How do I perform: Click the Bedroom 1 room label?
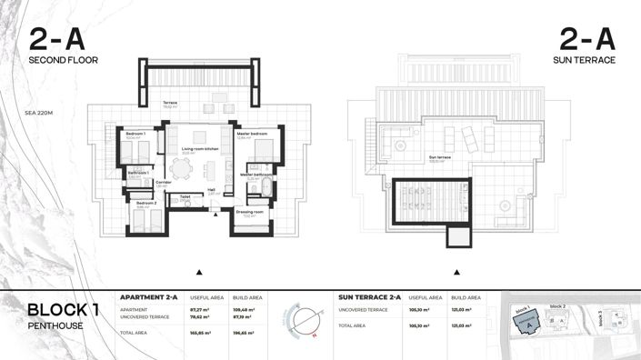tap(135, 134)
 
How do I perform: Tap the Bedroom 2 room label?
tap(145, 204)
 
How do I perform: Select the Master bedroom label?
tap(251, 134)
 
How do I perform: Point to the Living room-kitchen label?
tap(200, 148)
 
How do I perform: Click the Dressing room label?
tap(249, 212)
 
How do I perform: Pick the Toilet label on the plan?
tap(185, 196)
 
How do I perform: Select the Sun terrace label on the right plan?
tap(440, 156)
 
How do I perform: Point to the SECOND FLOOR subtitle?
tap(63, 60)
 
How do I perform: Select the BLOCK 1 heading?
tap(63, 311)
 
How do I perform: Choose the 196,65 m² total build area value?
tap(245, 334)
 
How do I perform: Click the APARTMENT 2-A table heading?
tap(149, 297)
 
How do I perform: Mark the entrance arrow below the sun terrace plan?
tap(455, 272)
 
